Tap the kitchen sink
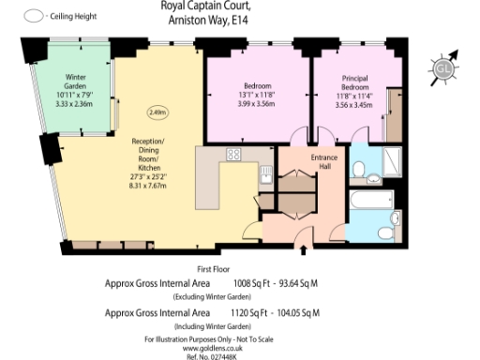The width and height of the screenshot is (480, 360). point(266,172)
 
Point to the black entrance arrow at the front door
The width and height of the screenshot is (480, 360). point(302,250)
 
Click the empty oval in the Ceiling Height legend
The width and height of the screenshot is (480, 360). point(34,16)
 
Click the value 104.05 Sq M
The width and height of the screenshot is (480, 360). point(299,311)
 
